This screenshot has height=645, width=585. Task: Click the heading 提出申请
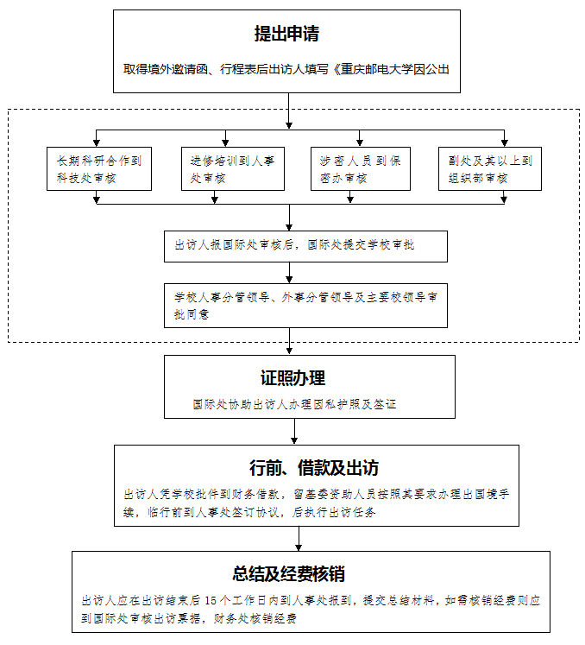(286, 34)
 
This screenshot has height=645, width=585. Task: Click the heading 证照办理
(292, 378)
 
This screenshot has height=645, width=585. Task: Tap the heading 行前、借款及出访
(314, 468)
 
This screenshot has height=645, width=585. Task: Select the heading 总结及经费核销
(288, 574)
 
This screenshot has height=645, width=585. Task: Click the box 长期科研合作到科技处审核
(99, 168)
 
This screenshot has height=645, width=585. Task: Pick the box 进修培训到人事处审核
(233, 168)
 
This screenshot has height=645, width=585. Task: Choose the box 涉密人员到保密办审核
(361, 168)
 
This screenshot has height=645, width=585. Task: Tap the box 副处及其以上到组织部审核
(490, 168)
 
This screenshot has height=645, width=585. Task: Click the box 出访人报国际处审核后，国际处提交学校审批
(305, 246)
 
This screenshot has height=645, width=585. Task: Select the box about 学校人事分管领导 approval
(305, 306)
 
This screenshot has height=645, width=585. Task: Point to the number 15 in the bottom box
(211, 601)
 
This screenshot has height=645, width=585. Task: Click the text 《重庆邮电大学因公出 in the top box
(391, 69)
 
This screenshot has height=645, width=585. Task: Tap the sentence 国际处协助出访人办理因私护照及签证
(294, 404)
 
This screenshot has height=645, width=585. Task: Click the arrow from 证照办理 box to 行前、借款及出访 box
(294, 431)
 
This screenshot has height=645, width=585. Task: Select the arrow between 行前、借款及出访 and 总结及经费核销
(299, 539)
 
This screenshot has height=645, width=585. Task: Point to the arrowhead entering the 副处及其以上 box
(505, 143)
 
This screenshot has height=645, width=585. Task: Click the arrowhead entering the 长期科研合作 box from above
(96, 143)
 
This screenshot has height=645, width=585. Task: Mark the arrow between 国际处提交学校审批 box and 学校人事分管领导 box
(289, 273)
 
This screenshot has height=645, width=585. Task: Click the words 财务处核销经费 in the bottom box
(255, 618)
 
